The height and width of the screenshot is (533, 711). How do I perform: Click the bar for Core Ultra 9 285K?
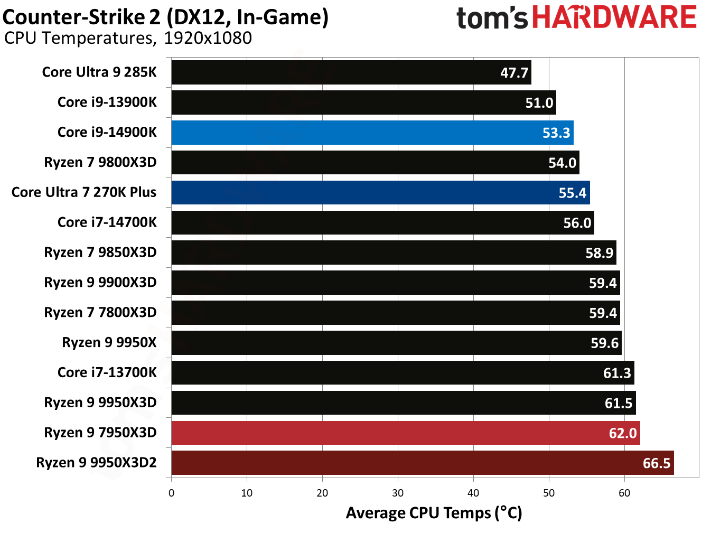[x=351, y=72]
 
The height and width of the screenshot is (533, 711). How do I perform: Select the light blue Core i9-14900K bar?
[x=372, y=133]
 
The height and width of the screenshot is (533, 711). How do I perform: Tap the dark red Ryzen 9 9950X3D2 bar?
[x=422, y=463]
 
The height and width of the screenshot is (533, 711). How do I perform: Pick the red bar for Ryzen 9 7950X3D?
[x=405, y=433]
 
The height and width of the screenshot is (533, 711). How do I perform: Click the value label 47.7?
[x=514, y=73]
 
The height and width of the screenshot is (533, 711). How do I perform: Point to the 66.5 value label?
[x=656, y=463]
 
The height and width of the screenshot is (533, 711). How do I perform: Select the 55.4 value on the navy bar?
[x=572, y=193]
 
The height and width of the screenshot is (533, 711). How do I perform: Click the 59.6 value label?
[x=604, y=343]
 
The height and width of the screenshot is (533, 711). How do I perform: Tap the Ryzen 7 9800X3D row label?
[x=100, y=162]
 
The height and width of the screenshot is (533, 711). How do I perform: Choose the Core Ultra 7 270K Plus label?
[x=84, y=192]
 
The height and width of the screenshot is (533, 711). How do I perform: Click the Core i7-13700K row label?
[x=107, y=372]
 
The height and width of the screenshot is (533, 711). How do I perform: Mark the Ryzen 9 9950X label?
[x=109, y=342]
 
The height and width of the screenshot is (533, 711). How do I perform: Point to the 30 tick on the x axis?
[x=398, y=493]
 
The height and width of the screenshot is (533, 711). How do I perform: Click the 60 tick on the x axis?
[x=624, y=493]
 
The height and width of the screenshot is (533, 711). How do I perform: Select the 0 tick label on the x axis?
[x=171, y=493]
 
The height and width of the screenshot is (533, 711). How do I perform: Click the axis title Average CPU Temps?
[x=434, y=513]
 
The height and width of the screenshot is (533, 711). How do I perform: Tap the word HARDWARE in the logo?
[x=614, y=17]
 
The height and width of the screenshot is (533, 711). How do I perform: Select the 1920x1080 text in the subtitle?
[x=208, y=38]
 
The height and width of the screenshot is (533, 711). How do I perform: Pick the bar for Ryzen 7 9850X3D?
[x=394, y=253]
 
